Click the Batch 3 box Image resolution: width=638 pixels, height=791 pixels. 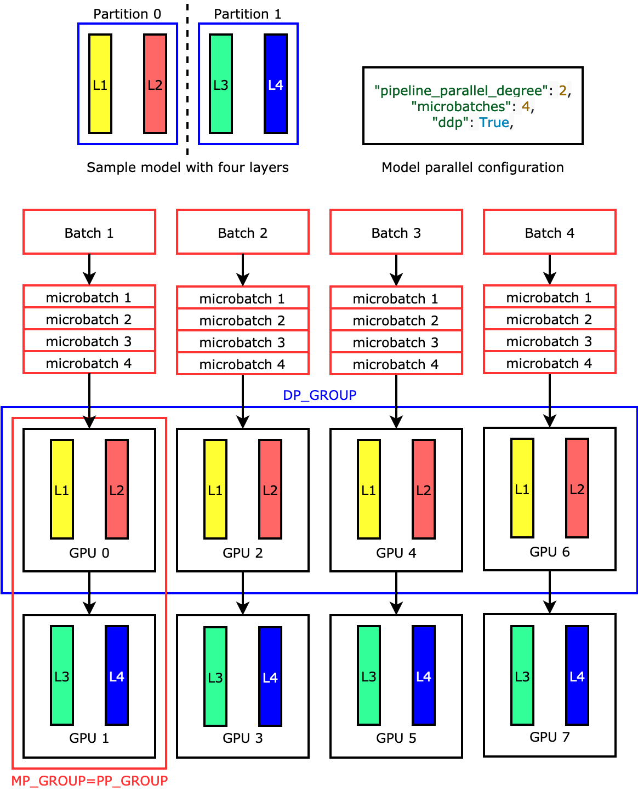(396, 232)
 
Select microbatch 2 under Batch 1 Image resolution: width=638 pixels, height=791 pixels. (89, 319)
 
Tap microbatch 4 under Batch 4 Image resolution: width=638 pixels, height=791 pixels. (549, 363)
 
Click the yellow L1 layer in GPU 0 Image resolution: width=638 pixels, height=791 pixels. (62, 489)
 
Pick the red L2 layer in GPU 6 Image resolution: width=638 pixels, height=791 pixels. (577, 488)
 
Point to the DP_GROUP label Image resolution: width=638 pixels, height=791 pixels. (320, 395)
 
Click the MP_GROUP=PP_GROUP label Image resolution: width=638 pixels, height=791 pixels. (89, 781)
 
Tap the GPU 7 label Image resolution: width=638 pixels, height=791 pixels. (549, 737)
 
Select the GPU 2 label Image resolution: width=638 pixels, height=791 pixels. (242, 553)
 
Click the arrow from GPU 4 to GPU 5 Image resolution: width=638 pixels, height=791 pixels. (396, 593)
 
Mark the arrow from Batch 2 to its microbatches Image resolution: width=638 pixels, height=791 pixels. (243, 270)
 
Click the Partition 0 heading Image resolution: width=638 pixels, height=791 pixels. (127, 14)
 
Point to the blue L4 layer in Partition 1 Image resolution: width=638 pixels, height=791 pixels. (276, 84)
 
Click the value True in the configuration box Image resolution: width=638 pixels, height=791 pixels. (494, 122)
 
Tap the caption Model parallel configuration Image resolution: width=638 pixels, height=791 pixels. (472, 167)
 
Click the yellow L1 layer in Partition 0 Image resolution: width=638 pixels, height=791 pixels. (100, 84)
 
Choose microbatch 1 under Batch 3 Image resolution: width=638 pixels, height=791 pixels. (396, 299)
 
